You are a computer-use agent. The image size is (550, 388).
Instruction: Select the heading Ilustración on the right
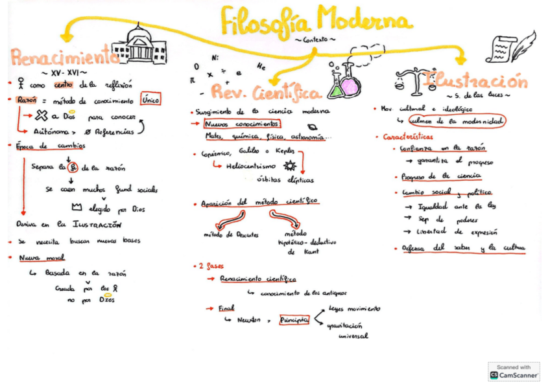(x=475, y=83)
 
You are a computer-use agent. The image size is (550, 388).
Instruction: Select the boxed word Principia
(x=294, y=320)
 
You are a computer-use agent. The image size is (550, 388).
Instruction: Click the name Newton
(x=248, y=321)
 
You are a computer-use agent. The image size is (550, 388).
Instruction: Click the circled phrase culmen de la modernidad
(x=457, y=121)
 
